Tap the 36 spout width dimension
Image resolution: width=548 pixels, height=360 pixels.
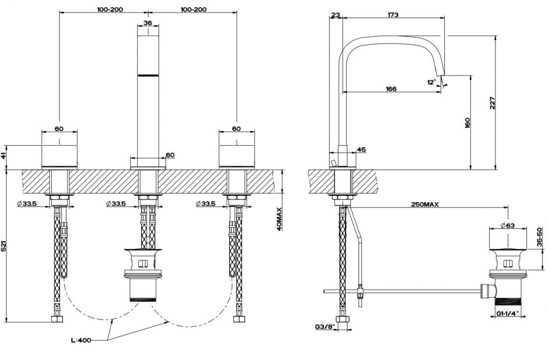pyautogui.click(x=147, y=23)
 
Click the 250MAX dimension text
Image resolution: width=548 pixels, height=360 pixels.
pyautogui.click(x=424, y=204)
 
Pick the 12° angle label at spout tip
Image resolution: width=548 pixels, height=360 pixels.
pyautogui.click(x=431, y=82)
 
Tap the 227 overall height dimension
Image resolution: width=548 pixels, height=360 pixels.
pyautogui.click(x=493, y=103)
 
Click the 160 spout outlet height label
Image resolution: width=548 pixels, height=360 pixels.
pyautogui.click(x=468, y=123)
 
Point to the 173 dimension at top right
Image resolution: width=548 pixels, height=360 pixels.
pyautogui.click(x=392, y=15)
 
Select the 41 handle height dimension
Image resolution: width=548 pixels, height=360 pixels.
pyautogui.click(x=4, y=154)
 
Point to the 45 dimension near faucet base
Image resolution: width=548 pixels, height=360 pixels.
pyautogui.click(x=361, y=150)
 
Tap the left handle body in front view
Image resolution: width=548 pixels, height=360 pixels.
pyautogui.click(x=59, y=154)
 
